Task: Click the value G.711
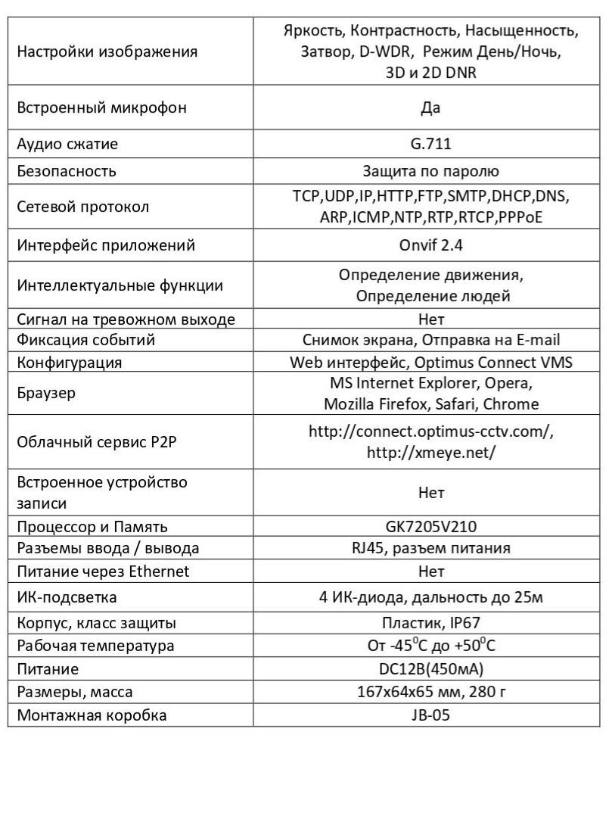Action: [430, 144]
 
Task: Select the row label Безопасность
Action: [67, 171]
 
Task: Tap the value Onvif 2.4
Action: [430, 245]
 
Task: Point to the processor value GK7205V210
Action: [430, 526]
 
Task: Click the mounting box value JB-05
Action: [430, 715]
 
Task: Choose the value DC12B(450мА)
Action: [430, 669]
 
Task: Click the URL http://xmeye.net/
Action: [430, 453]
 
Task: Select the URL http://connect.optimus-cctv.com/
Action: [430, 431]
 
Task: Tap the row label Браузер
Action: [46, 393]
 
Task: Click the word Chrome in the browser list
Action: [511, 404]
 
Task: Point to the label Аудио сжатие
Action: [67, 144]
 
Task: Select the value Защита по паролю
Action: [430, 171]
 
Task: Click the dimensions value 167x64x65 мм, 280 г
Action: [430, 691]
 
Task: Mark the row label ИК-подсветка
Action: [67, 597]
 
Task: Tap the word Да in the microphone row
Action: [430, 107]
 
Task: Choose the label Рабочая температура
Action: [95, 646]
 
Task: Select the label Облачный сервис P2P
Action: [96, 441]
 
